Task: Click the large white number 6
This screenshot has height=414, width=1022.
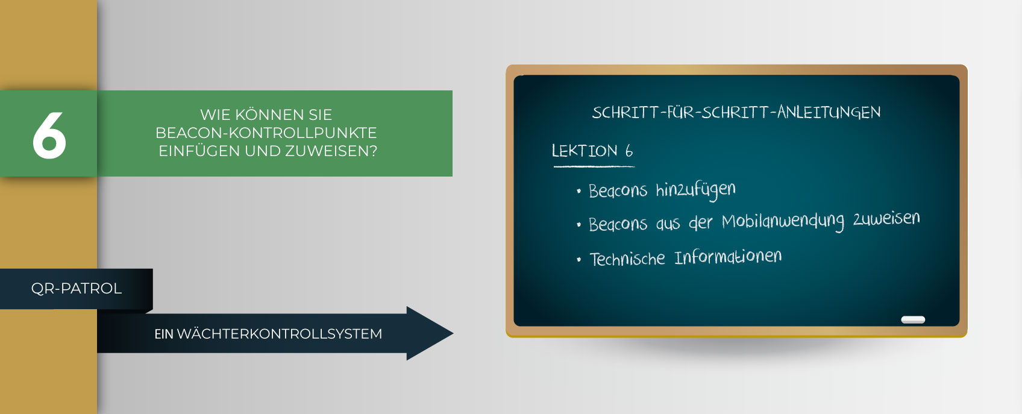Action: (x=49, y=136)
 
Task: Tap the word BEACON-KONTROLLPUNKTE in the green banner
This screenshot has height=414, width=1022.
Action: (x=266, y=133)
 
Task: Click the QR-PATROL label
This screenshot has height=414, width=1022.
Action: (x=76, y=289)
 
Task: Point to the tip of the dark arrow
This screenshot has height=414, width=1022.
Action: (x=453, y=333)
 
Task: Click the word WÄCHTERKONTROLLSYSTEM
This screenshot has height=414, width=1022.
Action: (x=279, y=333)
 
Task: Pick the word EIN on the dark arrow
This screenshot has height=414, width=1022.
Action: (x=164, y=334)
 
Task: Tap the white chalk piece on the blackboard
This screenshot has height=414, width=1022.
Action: (x=913, y=319)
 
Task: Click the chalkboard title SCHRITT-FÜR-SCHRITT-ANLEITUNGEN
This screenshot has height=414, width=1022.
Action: (x=736, y=112)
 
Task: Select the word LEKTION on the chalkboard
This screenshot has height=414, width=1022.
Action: (x=585, y=151)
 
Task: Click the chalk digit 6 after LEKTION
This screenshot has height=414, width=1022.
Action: (x=629, y=151)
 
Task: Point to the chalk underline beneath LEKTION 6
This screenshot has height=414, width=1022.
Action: (x=594, y=166)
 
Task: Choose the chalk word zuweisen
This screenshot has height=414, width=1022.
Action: (x=886, y=218)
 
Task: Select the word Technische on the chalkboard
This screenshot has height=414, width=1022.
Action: (x=627, y=259)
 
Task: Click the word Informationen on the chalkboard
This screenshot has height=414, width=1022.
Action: (x=728, y=257)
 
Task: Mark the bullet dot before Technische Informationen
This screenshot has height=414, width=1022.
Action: (x=578, y=260)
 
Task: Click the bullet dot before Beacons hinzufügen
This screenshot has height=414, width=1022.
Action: (x=578, y=191)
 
